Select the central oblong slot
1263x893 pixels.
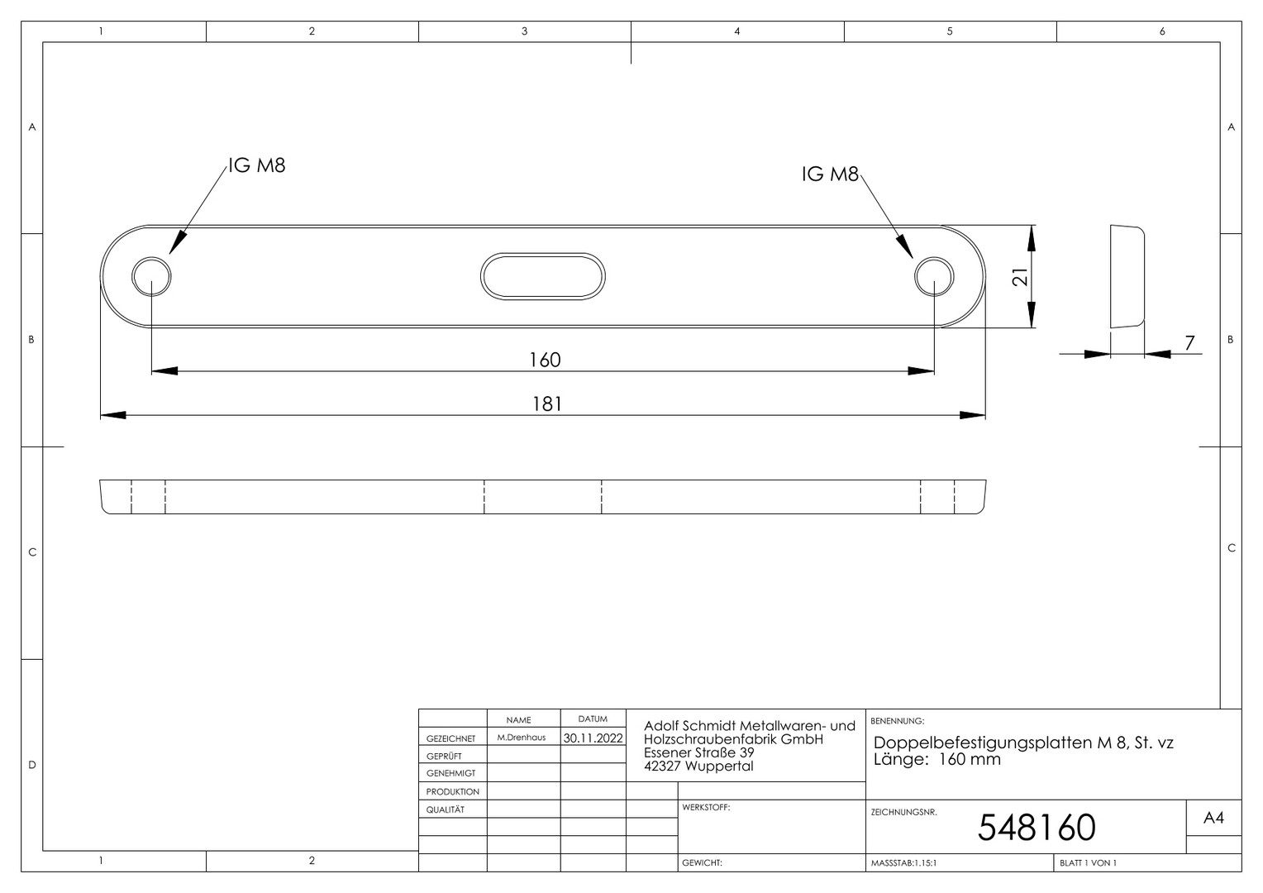coord(542,253)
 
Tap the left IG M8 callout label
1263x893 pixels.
coord(257,165)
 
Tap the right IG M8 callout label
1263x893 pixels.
coord(830,174)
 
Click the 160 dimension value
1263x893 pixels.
coord(545,360)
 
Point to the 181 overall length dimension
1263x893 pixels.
coord(547,404)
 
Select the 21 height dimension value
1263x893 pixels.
coord(1020,276)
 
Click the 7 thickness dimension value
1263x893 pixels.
coord(1189,342)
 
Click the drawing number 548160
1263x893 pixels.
coord(1037,827)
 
